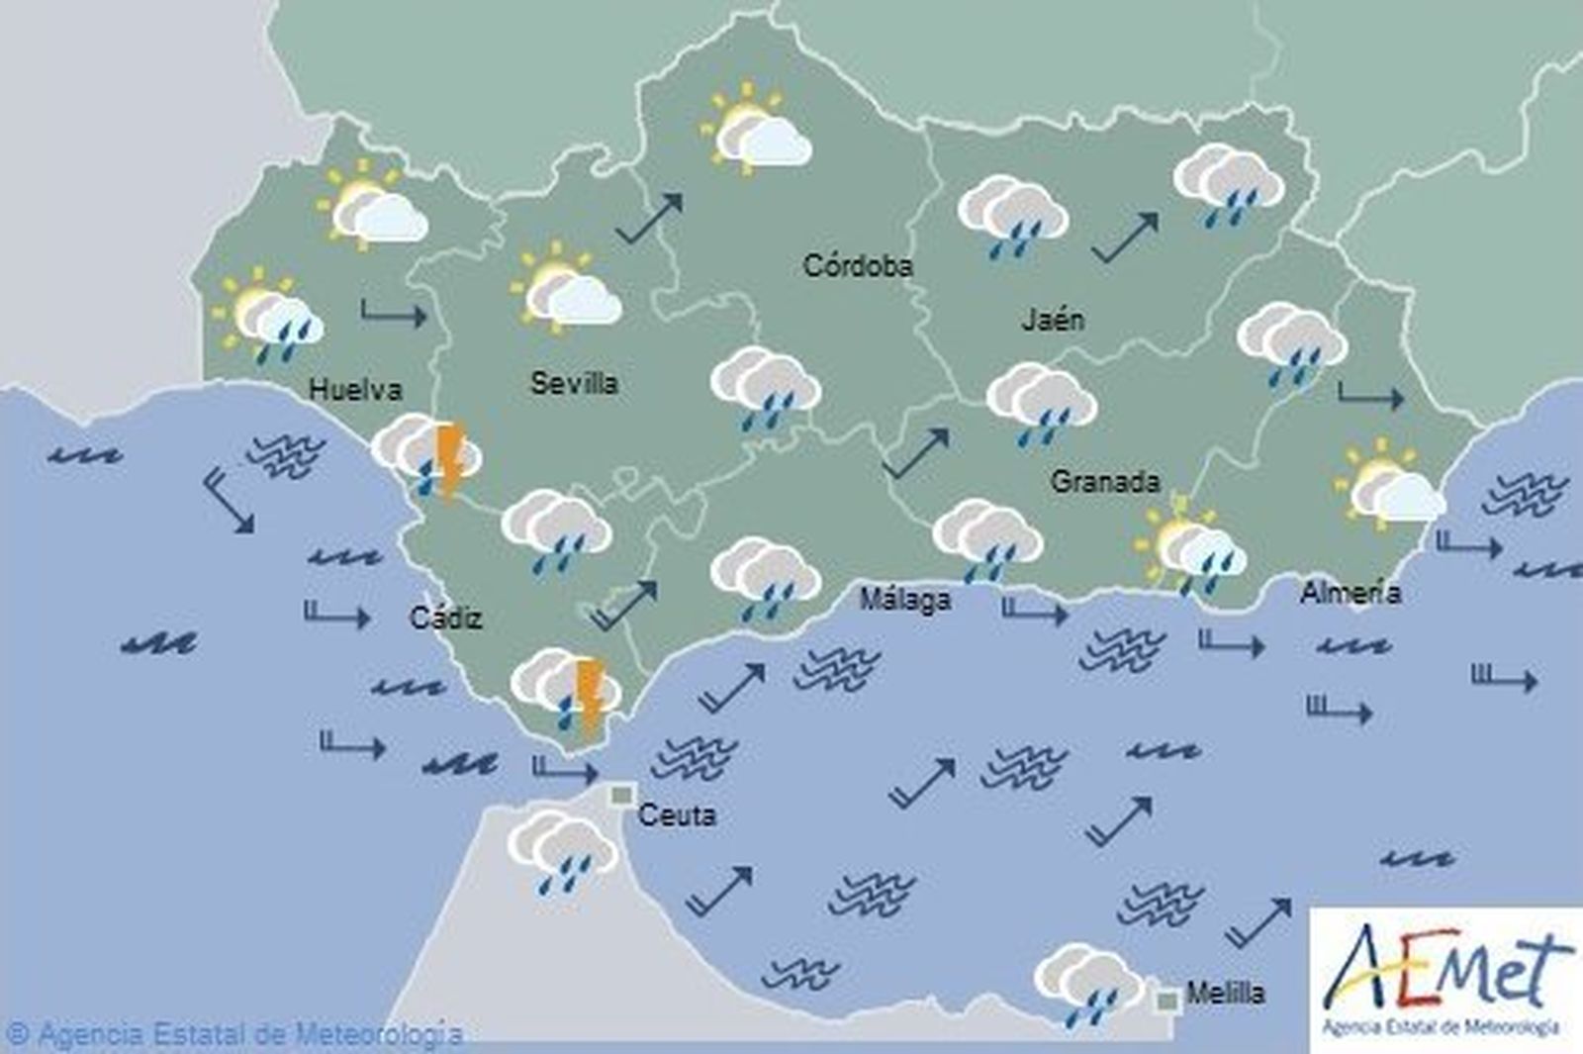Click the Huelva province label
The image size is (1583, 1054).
(355, 389)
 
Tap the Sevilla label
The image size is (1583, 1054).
(574, 383)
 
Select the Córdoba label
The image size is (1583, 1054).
(857, 265)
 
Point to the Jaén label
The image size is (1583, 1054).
(1052, 319)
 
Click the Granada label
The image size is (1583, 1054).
(1104, 482)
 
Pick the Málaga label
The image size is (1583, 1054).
(904, 600)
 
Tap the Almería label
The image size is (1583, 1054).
(1350, 593)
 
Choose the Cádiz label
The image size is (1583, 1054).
(446, 619)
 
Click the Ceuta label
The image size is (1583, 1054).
(677, 815)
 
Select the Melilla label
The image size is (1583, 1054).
(1225, 993)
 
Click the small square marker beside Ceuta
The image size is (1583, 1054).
(622, 795)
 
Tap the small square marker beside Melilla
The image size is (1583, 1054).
(1167, 1000)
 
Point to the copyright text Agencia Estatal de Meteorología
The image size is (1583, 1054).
(237, 1035)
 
